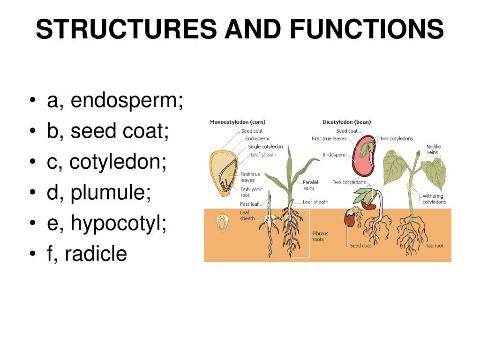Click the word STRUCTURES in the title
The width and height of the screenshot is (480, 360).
tap(126, 29)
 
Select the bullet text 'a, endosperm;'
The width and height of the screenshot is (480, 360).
tap(115, 101)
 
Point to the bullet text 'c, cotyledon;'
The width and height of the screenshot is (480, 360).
tap(107, 162)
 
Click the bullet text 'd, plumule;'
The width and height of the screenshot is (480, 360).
tap(99, 193)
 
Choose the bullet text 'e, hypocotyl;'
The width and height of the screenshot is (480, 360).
tap(107, 224)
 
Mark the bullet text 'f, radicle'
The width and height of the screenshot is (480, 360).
tap(87, 254)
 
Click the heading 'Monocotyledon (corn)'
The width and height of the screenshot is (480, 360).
tap(237, 122)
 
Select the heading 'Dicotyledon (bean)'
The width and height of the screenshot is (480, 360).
tap(347, 122)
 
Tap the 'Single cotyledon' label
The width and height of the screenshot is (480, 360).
tap(265, 147)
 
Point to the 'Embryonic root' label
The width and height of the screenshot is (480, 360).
tap(251, 192)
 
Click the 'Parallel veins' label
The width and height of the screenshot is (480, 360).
tap(310, 185)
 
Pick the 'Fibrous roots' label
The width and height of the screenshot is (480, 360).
tap(320, 236)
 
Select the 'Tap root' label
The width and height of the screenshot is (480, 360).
tap(435, 246)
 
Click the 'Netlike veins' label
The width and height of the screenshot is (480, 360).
tap(433, 150)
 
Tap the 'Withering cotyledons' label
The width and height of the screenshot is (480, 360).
tap(434, 199)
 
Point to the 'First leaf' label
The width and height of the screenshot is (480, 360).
tap(249, 204)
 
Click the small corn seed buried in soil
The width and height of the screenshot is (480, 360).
tap(222, 222)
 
